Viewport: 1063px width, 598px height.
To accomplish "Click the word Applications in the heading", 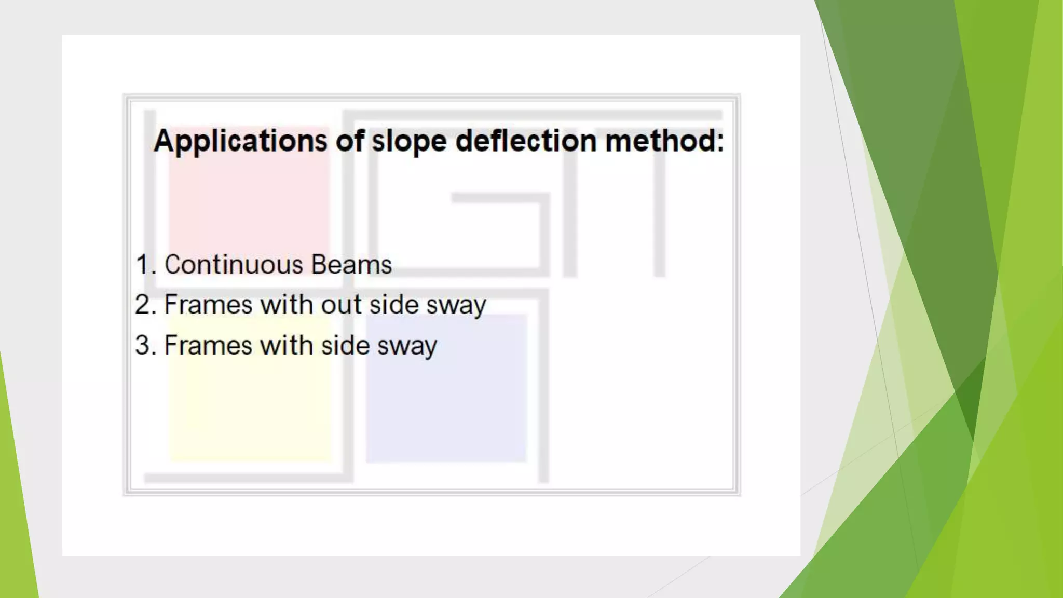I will (x=240, y=141).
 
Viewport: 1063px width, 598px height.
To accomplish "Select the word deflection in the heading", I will (x=526, y=141).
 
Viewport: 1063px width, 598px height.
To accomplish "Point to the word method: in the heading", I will (x=664, y=141).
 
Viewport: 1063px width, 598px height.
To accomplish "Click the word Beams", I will (x=351, y=265).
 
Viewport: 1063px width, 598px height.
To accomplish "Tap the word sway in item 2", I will (x=456, y=306).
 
